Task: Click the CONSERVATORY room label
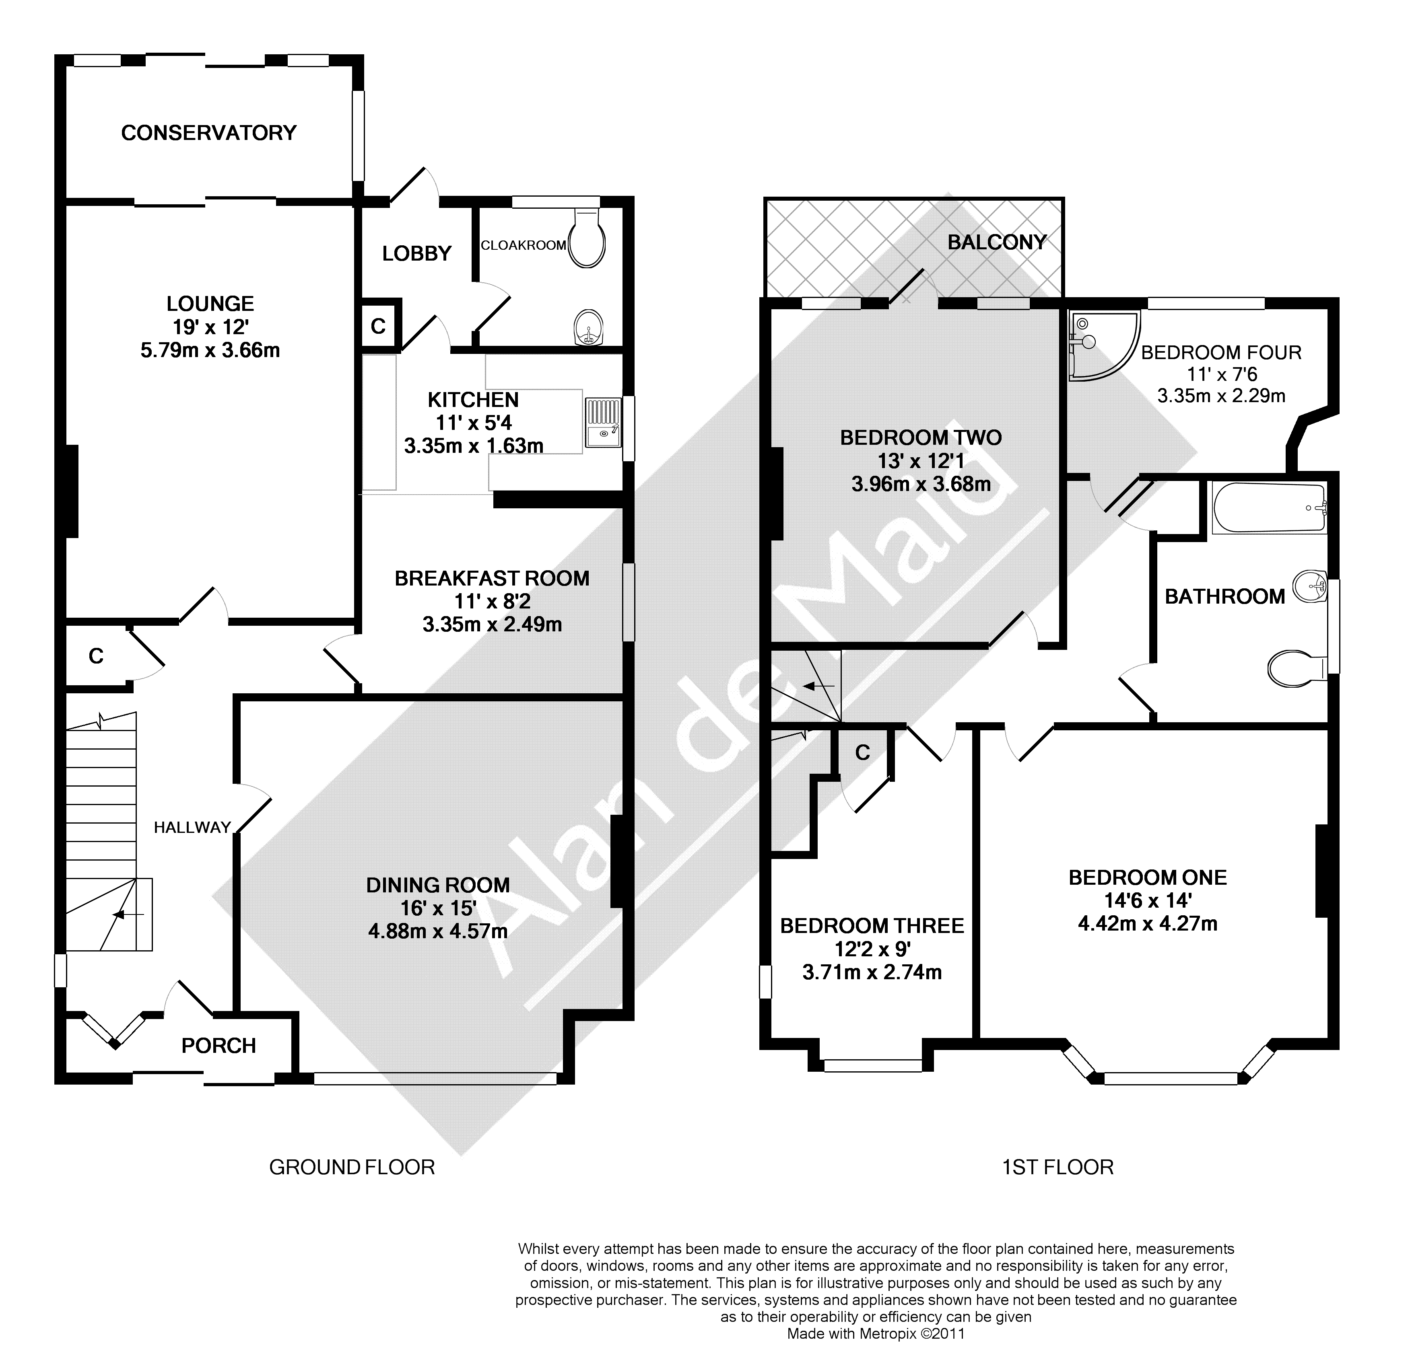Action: pos(208,133)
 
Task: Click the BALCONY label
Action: pos(997,242)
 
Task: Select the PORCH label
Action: pos(219,1046)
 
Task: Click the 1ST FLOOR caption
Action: pos(1057,1167)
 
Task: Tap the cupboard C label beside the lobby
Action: pos(378,326)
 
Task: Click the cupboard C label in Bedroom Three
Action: pos(863,752)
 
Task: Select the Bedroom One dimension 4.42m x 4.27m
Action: pos(1148,923)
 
